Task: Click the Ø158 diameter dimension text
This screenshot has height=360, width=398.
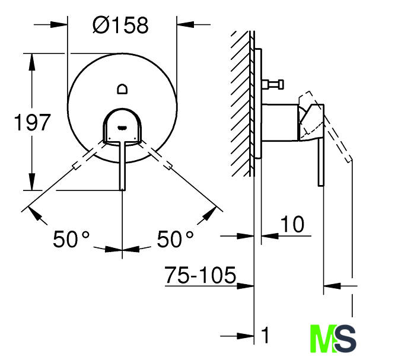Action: click(x=120, y=25)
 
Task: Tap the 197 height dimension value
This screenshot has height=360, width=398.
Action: click(x=32, y=123)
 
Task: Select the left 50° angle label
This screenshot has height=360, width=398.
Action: click(x=71, y=238)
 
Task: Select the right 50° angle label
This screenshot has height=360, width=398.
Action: click(x=176, y=238)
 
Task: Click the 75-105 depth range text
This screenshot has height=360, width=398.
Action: click(x=200, y=275)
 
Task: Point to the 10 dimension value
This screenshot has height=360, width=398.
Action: click(x=292, y=224)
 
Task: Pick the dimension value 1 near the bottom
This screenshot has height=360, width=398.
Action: click(x=265, y=335)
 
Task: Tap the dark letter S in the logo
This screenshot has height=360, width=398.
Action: click(x=345, y=339)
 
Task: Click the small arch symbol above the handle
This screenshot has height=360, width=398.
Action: click(x=122, y=89)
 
